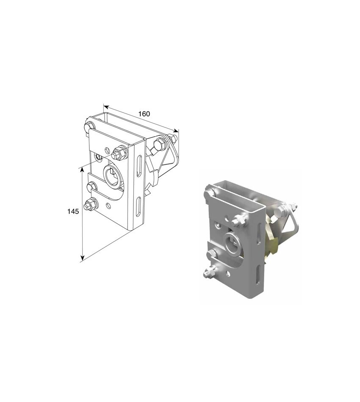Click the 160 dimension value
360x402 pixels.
(144, 114)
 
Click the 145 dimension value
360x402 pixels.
(73, 212)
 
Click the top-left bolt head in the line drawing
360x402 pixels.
(89, 126)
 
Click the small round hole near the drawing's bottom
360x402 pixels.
(109, 205)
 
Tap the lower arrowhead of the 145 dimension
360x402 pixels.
(82, 258)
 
